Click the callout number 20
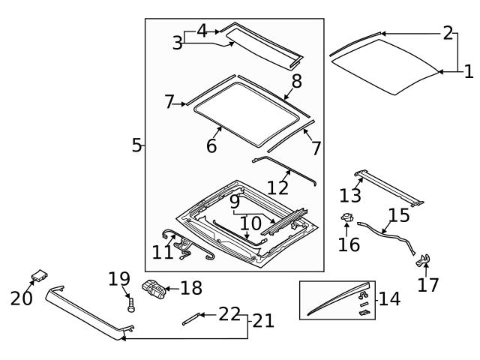[22, 298]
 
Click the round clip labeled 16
[347, 219]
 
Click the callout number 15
[399, 216]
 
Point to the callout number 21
[262, 321]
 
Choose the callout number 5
[136, 145]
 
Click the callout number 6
[211, 145]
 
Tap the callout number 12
[277, 186]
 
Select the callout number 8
[296, 81]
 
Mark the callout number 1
[468, 72]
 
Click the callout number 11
[163, 253]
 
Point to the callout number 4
[202, 31]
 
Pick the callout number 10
[250, 223]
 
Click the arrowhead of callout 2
[380, 33]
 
